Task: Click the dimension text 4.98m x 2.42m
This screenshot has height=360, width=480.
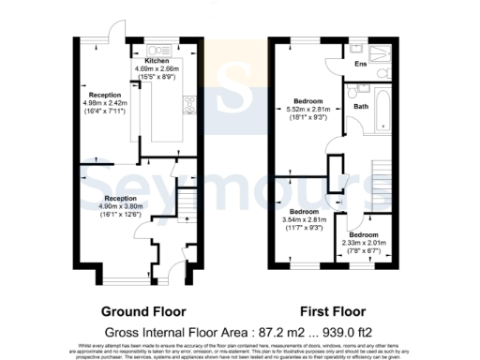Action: [105, 104]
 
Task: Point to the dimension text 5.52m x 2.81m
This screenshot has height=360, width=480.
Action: [307, 109]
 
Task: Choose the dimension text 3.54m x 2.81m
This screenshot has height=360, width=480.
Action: [301, 220]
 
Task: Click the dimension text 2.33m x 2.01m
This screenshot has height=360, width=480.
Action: [365, 242]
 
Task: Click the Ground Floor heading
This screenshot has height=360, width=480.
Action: [142, 311]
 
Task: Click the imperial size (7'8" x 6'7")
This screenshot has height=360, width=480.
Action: [365, 250]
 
